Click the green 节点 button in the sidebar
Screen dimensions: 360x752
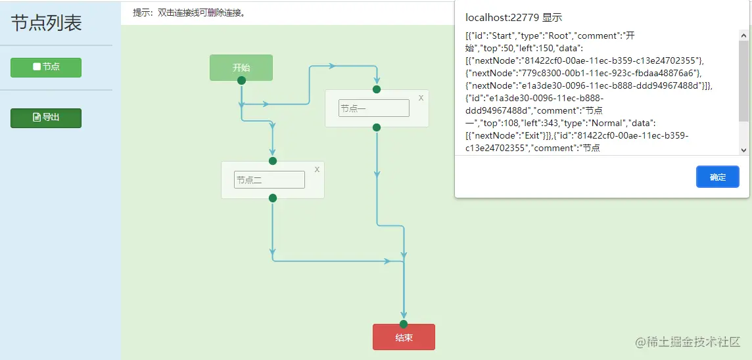point(46,67)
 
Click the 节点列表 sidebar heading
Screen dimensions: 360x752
point(46,23)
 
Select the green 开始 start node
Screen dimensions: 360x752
point(241,67)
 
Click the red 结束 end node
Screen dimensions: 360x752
point(404,338)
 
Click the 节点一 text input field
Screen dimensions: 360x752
point(373,108)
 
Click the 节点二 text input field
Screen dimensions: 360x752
point(269,179)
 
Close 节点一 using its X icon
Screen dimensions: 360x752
point(421,98)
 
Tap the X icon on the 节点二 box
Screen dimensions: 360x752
point(317,169)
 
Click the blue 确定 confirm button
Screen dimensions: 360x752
point(718,177)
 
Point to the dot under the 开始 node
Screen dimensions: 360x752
point(241,80)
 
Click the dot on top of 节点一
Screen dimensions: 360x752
point(377,89)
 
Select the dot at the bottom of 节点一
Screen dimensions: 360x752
point(377,127)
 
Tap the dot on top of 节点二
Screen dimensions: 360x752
point(273,161)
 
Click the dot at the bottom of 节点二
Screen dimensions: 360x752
point(273,198)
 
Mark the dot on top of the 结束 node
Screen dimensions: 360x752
point(404,324)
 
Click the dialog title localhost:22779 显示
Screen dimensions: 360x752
point(513,18)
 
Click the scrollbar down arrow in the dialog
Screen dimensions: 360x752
point(743,150)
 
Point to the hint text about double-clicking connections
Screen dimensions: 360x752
point(189,12)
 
